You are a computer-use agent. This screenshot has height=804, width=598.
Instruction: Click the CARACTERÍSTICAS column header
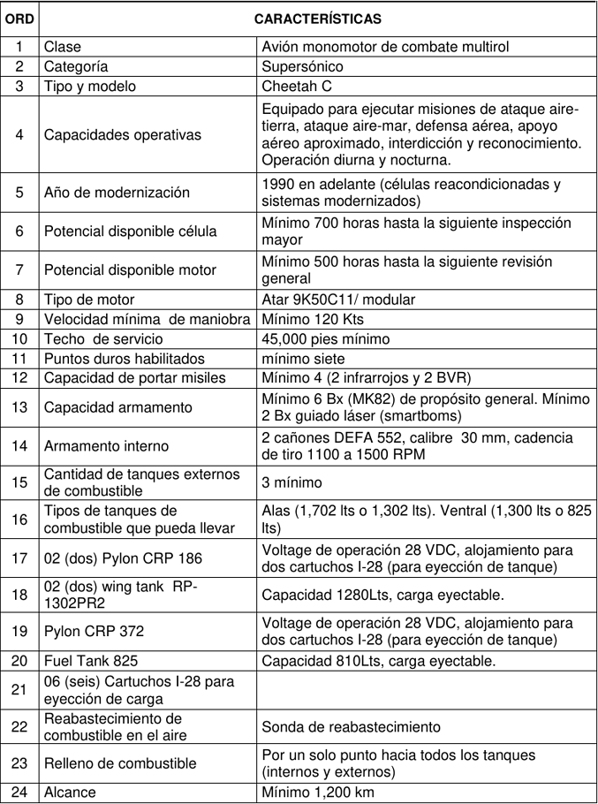318,18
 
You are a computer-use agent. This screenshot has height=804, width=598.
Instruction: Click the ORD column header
19,18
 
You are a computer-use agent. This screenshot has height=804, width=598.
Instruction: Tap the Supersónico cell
302,65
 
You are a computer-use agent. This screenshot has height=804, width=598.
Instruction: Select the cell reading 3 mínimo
291,482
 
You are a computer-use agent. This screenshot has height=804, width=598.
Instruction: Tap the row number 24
19,793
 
